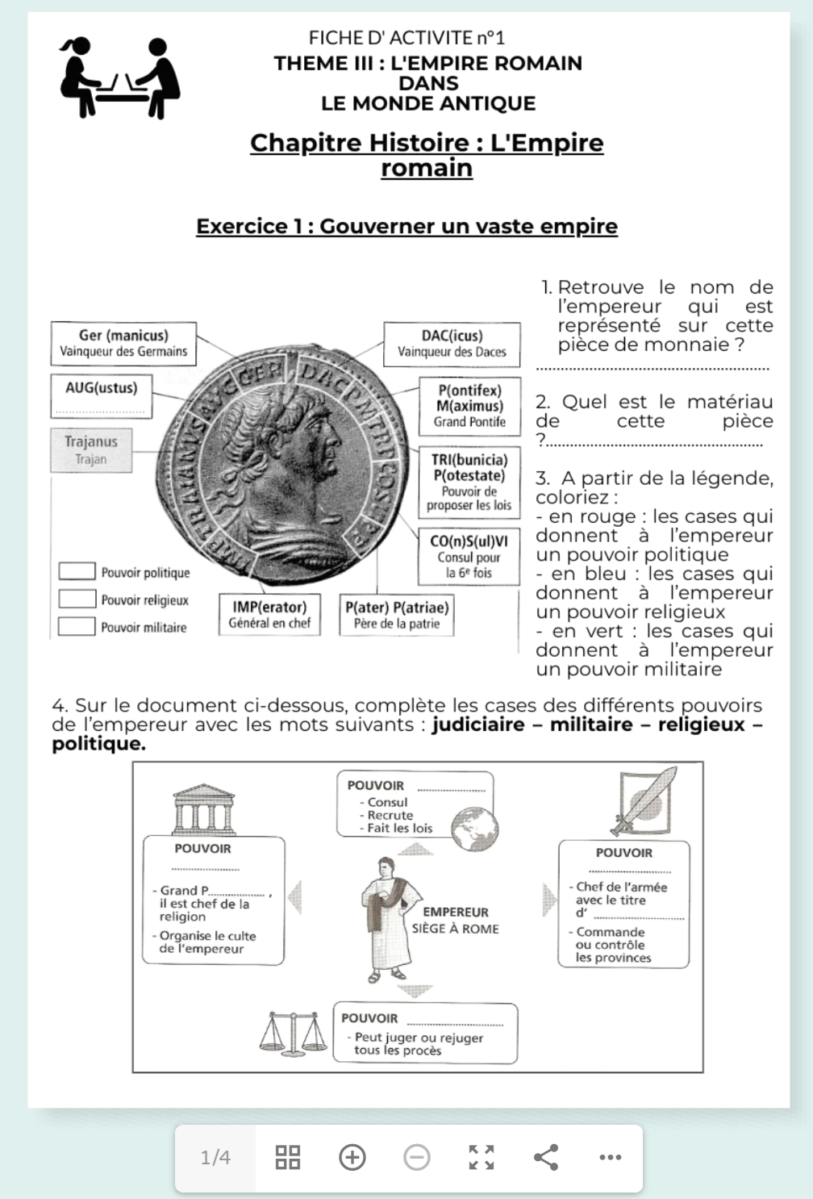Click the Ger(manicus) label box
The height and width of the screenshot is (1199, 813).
click(x=123, y=343)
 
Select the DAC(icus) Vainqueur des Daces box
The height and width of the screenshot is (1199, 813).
click(x=452, y=343)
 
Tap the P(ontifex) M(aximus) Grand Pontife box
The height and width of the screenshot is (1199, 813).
click(x=469, y=405)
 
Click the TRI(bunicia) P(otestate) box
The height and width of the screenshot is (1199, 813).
click(x=469, y=482)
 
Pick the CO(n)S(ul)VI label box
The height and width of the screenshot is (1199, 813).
click(x=469, y=557)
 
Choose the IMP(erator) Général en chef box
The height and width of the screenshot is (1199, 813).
click(x=269, y=615)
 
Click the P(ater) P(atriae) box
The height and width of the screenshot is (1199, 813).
click(x=397, y=615)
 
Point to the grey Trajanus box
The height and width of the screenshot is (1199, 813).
click(x=91, y=449)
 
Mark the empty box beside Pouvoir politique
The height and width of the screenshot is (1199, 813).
click(x=77, y=572)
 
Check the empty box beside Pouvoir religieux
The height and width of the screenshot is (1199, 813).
click(x=77, y=599)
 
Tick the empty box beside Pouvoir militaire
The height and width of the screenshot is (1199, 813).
click(x=77, y=627)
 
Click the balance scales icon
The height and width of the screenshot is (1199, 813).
click(x=293, y=1034)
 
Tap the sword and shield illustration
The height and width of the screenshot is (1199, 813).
click(x=643, y=800)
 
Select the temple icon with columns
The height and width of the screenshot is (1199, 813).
click(x=203, y=809)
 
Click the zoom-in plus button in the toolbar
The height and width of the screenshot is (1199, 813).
click(x=352, y=1158)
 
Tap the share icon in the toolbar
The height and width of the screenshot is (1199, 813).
click(x=546, y=1158)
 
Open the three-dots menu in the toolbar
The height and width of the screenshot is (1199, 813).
click(x=611, y=1158)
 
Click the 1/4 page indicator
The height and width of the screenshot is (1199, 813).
click(x=215, y=1158)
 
